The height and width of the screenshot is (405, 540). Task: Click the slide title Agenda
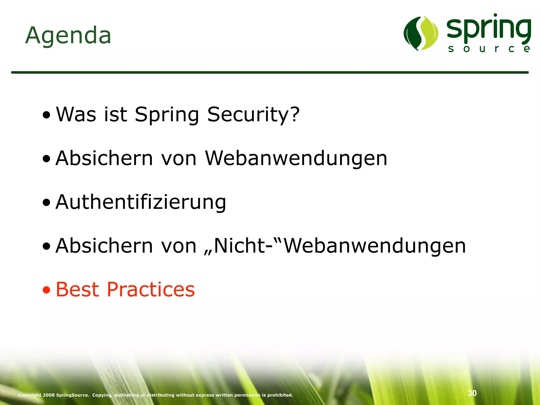[x=68, y=36]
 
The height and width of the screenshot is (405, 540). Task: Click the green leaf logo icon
[x=421, y=33]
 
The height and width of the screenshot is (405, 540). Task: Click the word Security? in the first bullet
[x=253, y=115]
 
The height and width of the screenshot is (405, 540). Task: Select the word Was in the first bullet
[x=76, y=115]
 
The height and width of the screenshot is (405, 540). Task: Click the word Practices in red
[x=151, y=290]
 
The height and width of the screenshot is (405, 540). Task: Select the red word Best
[x=78, y=290]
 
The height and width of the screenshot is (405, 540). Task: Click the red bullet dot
[x=46, y=290]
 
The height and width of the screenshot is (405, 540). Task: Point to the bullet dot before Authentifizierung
[x=46, y=203]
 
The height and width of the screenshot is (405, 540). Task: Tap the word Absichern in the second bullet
[x=104, y=158]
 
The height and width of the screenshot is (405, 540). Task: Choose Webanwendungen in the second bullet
[x=296, y=158]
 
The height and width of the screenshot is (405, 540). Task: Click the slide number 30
[x=472, y=393]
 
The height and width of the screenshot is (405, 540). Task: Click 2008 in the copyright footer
[x=49, y=395]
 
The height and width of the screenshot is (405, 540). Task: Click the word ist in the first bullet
[x=115, y=115]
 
